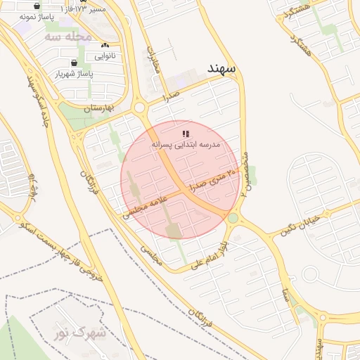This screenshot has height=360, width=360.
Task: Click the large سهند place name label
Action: [x=224, y=68]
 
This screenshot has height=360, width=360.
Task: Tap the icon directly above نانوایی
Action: [x=105, y=45]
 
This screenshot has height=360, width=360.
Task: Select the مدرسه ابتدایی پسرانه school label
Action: [x=186, y=143]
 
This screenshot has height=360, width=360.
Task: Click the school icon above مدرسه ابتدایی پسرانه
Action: [x=186, y=133]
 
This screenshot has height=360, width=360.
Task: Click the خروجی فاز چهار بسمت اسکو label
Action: [x=61, y=253]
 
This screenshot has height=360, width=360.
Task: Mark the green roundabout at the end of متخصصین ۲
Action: [x=233, y=219]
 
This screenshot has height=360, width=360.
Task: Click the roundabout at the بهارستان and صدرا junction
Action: [x=139, y=108]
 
